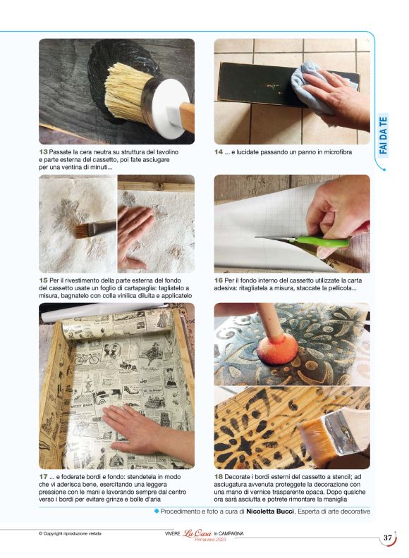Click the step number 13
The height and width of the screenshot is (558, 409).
tap(43, 152)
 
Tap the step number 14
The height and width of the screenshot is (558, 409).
tap(219, 152)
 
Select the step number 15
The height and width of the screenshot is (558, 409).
tap(43, 280)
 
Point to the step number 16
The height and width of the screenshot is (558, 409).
tap(219, 280)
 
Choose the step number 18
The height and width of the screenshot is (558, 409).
tap(219, 477)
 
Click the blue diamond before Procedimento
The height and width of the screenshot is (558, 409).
tap(157, 511)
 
